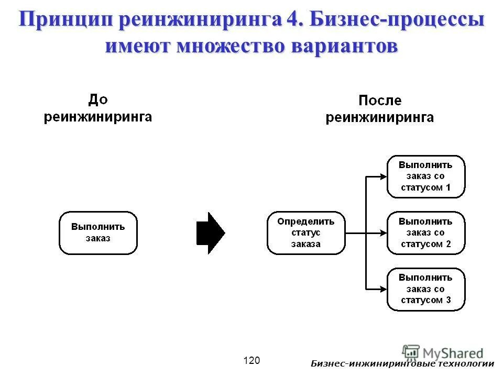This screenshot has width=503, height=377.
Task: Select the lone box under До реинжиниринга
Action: (99, 233)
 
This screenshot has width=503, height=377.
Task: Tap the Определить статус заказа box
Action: (306, 233)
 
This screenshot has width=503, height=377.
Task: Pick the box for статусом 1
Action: (425, 176)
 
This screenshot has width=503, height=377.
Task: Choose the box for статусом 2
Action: (425, 233)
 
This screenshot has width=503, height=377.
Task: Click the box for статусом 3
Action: (425, 289)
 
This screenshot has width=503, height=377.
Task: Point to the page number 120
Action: (251, 360)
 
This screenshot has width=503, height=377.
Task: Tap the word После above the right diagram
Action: (379, 101)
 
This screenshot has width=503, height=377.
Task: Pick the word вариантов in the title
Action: (347, 46)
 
